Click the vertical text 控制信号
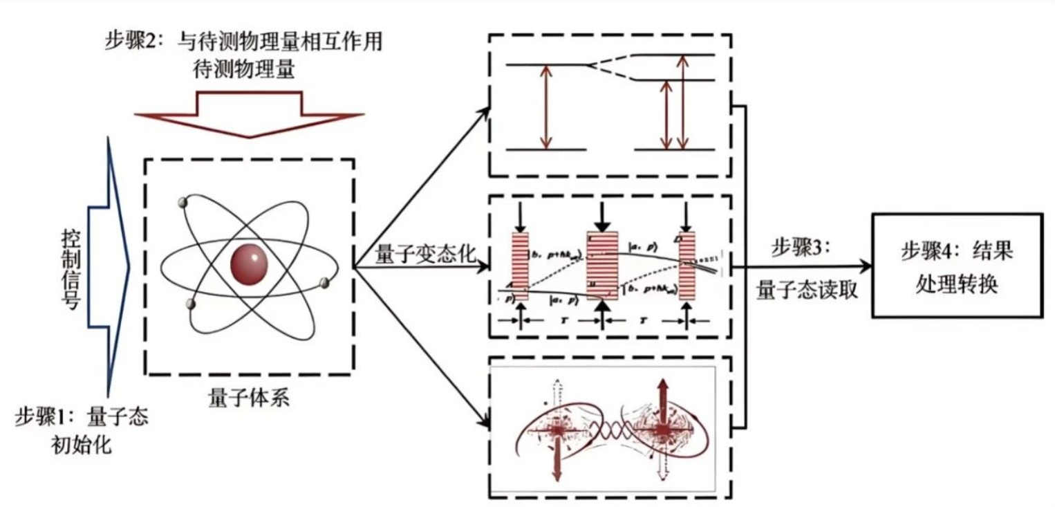71,266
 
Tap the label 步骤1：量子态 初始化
82,430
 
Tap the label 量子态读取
807,290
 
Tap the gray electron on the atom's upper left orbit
183,203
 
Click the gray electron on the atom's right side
324,282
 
